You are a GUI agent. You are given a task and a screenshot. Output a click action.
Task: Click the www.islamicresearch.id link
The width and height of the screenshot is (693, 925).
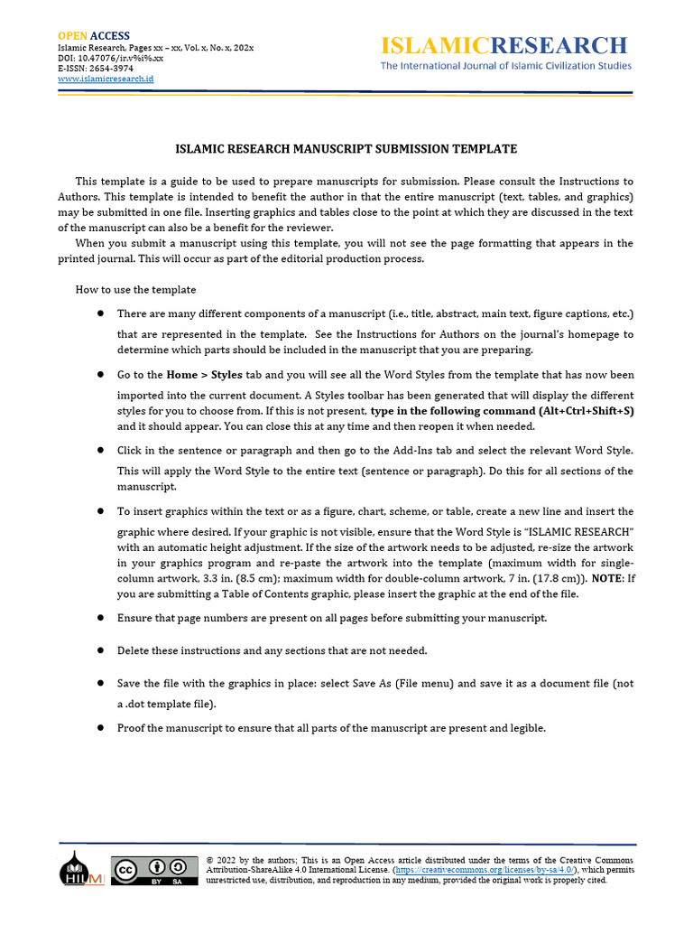106,79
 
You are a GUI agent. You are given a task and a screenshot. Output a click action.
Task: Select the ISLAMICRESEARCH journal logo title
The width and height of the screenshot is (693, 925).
504,45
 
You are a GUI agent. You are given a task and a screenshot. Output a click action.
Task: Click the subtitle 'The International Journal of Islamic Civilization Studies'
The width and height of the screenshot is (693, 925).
505,66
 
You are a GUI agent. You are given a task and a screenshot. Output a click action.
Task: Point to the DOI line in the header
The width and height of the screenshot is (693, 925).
110,57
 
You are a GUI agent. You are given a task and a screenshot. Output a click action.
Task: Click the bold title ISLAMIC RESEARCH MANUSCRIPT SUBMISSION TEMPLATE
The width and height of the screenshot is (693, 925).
346,149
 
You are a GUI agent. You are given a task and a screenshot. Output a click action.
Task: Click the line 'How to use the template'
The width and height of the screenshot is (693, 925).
135,289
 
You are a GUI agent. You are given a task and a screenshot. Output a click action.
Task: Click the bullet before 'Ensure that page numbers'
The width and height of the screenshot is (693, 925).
100,618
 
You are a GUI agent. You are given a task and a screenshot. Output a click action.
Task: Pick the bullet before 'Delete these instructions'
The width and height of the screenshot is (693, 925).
100,650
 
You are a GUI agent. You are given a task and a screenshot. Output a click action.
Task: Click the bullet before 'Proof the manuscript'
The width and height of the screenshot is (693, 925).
100,728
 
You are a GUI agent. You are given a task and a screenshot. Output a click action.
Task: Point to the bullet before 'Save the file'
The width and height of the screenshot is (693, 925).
100,684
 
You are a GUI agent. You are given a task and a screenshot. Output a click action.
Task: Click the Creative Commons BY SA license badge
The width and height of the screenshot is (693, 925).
154,869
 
